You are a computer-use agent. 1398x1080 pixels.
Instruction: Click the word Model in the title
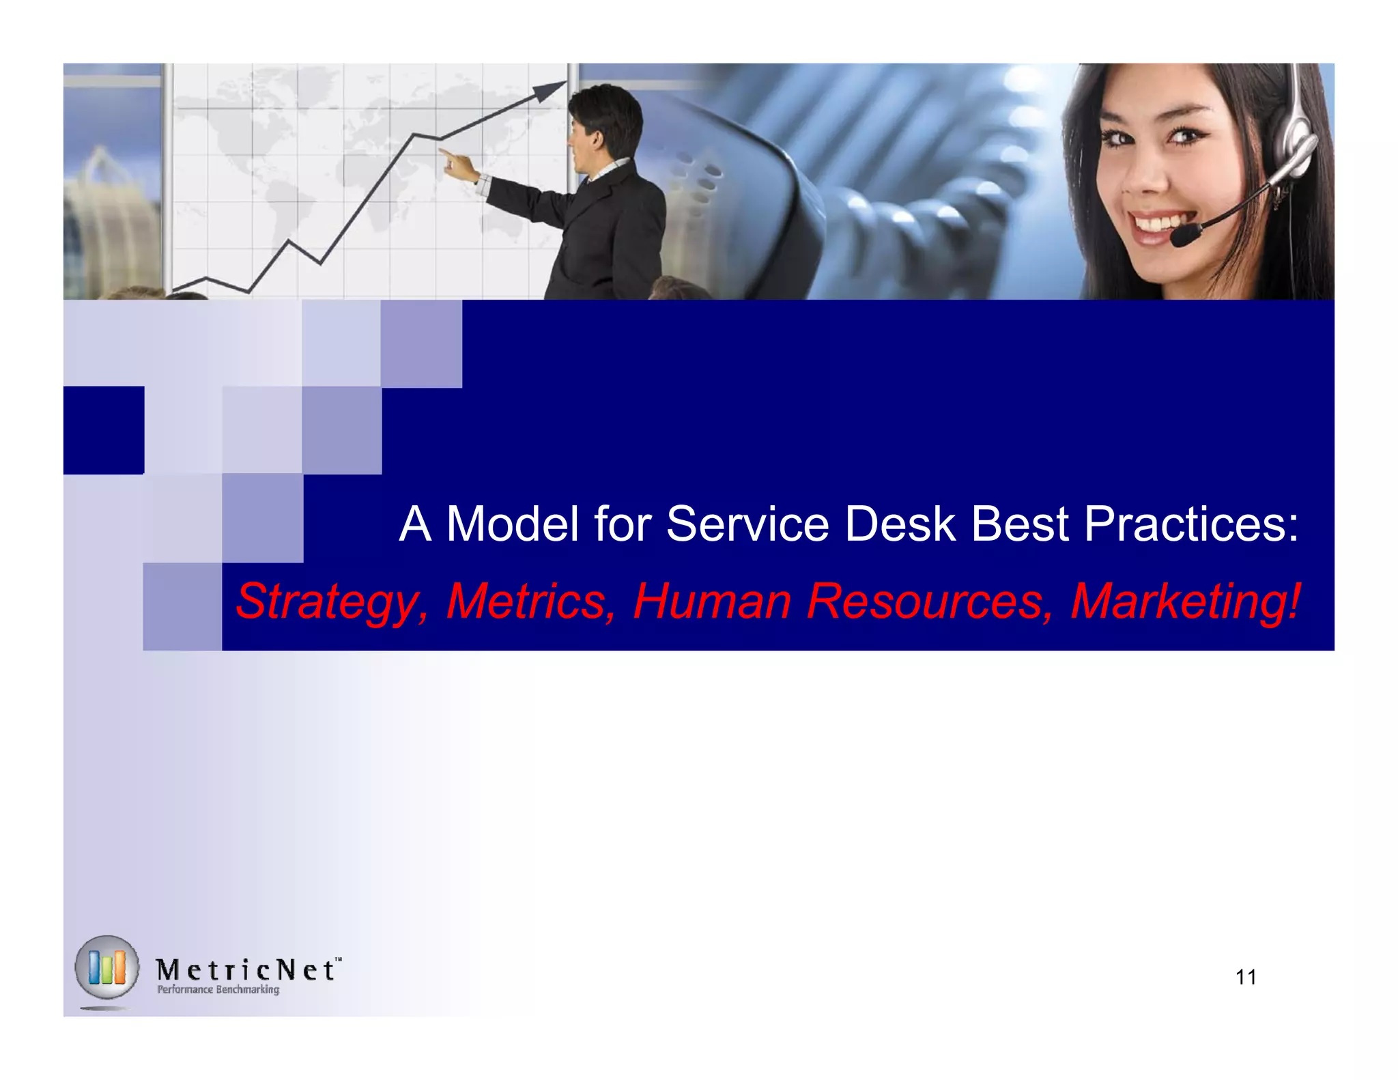512,524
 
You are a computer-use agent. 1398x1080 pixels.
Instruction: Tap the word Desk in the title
900,524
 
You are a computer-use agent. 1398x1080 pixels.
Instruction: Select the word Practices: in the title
1190,524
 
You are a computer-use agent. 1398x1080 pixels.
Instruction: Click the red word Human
712,601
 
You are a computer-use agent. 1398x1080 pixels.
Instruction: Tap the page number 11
1246,978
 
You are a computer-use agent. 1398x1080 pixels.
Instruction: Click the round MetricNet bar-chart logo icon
107,967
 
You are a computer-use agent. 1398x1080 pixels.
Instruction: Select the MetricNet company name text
246,969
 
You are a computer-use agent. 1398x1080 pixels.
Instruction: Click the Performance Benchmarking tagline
218,989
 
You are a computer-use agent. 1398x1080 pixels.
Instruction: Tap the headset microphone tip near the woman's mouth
1185,236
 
